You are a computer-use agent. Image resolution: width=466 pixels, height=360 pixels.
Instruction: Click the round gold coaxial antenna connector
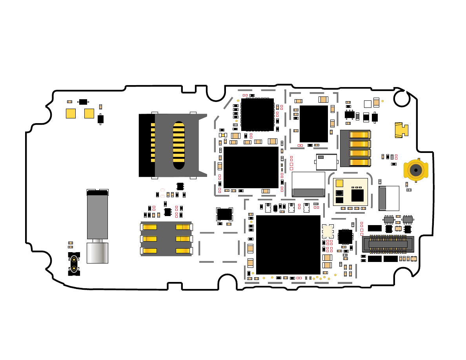coord(415,170)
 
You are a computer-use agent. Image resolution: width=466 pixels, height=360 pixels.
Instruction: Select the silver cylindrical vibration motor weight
coord(97,253)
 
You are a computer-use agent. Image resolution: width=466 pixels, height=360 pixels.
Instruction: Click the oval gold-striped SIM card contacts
coord(179,145)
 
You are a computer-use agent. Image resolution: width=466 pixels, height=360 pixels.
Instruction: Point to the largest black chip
coord(288,244)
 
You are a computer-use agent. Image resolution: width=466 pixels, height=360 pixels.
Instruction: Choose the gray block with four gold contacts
coord(355,148)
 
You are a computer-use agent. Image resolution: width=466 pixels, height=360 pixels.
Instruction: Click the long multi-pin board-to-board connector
coord(388,244)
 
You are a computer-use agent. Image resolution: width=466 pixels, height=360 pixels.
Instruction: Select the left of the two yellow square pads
coord(71,113)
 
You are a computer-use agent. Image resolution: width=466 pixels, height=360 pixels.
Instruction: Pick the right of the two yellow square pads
coord(89,113)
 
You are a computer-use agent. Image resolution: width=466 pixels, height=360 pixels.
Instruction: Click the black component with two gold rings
coord(74,264)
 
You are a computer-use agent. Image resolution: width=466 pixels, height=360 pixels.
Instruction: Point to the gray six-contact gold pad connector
coord(166,239)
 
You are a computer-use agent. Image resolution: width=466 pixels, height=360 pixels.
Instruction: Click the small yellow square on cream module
coord(339,183)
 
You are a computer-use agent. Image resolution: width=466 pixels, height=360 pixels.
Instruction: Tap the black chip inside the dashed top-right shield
coord(313,124)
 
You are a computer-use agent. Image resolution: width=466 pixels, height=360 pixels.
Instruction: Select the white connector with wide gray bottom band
coord(308,184)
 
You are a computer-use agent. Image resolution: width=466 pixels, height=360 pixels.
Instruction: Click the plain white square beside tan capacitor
coord(368,104)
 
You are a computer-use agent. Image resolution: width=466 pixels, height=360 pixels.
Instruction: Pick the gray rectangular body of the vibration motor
coord(97,216)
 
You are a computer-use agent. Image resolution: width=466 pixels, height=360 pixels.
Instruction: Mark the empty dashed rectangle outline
coord(219,247)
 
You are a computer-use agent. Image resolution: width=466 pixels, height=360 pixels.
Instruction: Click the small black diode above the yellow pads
coord(83,102)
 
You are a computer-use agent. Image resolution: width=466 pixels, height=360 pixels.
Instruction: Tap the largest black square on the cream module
coord(357,195)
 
